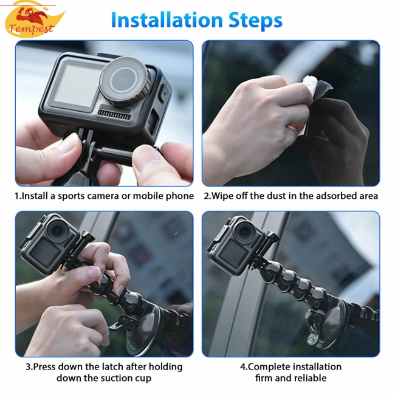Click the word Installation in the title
pyautogui.click(x=167, y=19)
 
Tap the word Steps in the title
pyautogui.click(x=255, y=21)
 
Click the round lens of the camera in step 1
pyautogui.click(x=125, y=81)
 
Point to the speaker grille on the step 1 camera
pyautogui.click(x=115, y=115)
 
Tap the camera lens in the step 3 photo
pyautogui.click(x=58, y=230)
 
